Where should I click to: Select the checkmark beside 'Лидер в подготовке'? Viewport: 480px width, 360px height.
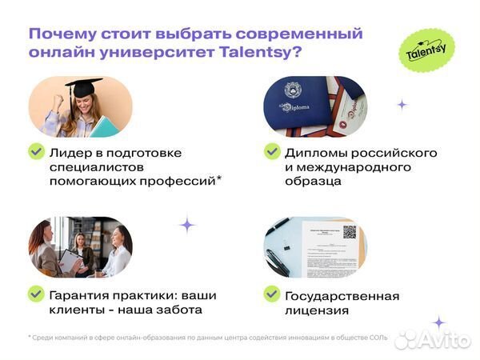point(36,151)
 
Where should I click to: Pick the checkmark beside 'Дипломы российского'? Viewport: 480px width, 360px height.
point(272,151)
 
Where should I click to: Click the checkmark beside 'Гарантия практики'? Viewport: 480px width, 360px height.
point(36,294)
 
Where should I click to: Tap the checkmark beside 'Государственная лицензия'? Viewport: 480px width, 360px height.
point(272,294)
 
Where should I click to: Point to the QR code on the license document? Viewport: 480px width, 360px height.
point(350,232)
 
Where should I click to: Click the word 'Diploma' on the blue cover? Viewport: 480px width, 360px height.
point(294,105)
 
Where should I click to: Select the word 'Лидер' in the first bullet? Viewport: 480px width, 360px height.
point(67,152)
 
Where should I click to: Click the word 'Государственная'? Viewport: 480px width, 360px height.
point(342,294)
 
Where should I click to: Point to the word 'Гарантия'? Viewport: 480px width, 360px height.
point(81,294)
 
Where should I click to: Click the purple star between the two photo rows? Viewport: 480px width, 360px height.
point(187,224)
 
